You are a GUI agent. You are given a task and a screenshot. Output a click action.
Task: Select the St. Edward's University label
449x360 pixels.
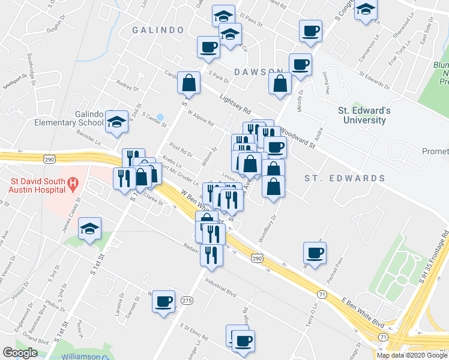tap(364, 115)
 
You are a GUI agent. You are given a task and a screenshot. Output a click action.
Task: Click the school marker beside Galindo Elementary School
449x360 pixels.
tap(116, 122)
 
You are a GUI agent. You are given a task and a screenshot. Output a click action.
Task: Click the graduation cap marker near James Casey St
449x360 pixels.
tap(90, 229)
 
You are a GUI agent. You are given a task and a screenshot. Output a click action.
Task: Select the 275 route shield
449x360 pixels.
tap(187, 301)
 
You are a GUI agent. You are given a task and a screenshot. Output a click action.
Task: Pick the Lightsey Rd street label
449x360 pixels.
tap(235, 106)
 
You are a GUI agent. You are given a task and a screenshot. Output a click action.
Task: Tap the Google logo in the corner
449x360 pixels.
tap(20, 353)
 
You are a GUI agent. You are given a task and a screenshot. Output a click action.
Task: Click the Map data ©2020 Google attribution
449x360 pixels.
tap(411, 355)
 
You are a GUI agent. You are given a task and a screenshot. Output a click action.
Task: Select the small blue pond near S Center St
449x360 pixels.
tap(160, 117)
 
